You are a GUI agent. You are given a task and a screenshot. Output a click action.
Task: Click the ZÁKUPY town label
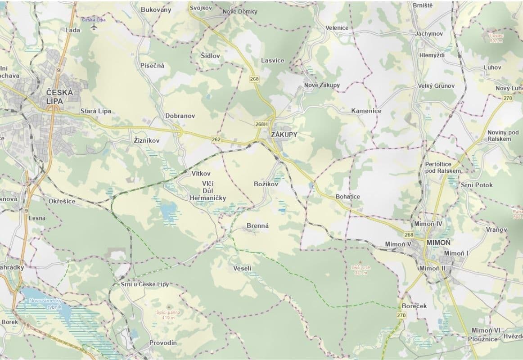tap(284, 134)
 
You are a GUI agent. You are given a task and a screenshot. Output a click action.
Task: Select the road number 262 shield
tap(216, 140)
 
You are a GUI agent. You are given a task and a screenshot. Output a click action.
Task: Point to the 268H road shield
tap(261, 124)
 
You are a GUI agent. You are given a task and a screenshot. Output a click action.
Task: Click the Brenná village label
tap(257, 226)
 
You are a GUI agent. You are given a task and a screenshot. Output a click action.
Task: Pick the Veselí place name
tap(243, 269)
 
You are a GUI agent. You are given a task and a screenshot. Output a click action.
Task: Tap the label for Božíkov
tap(266, 184)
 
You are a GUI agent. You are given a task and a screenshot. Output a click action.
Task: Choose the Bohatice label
tap(348, 197)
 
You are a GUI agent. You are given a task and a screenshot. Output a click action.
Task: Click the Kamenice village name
tap(366, 111)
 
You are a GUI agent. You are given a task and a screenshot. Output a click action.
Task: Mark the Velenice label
tap(337, 28)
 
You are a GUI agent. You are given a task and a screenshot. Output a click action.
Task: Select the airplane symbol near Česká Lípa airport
tap(94, 27)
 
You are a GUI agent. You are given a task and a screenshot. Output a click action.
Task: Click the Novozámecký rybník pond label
tap(44, 303)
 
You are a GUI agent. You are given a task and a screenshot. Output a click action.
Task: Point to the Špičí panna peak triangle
tap(169, 306)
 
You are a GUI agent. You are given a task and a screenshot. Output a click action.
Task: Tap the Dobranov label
tap(180, 116)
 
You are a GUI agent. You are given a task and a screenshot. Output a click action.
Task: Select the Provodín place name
tap(163, 343)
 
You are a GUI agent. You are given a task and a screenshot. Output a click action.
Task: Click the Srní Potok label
tap(477, 185)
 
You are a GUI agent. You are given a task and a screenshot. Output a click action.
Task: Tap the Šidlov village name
tap(210, 55)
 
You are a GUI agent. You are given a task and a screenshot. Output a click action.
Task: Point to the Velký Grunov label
tap(436, 85)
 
